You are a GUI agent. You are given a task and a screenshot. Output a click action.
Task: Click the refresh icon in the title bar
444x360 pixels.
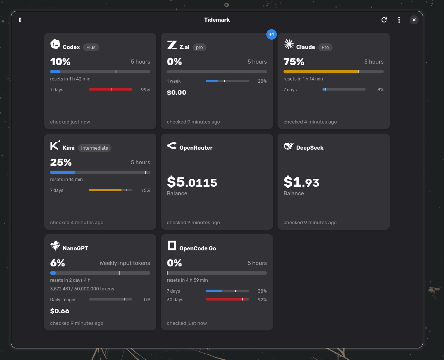coord(384,20)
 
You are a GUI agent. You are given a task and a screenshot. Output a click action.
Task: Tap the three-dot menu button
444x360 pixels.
coord(399,20)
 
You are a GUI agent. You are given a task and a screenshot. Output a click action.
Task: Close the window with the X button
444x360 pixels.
coord(414,20)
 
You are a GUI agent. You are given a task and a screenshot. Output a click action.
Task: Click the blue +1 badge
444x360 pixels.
coord(271,34)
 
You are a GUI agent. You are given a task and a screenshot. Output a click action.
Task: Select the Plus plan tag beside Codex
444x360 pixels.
coord(91,47)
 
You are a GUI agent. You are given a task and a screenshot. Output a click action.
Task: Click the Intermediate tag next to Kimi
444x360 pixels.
coord(95,148)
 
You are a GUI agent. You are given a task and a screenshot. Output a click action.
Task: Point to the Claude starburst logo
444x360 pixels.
coord(288,44)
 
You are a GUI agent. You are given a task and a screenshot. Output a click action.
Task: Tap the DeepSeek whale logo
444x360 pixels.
coord(288,146)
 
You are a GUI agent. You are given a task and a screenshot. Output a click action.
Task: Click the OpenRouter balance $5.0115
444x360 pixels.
coord(192,182)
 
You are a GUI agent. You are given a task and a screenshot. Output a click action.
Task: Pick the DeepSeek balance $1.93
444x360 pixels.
coord(301,182)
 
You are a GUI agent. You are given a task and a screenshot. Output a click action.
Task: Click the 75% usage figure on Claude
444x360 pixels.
coord(294,61)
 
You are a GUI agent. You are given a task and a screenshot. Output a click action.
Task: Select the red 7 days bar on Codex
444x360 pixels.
coord(111,89)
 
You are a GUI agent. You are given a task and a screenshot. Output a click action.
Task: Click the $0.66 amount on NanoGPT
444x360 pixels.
coord(60,311)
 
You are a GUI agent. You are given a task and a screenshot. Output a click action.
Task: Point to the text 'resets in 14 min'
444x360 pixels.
coord(66,180)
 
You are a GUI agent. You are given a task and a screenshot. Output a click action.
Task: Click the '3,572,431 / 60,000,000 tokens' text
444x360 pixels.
coord(82,289)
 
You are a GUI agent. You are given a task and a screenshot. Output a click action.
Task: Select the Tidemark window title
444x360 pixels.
coord(217,20)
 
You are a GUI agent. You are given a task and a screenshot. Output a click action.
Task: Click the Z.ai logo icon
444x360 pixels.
coord(172,45)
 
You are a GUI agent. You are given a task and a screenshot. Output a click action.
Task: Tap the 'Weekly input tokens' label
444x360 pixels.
coord(125,263)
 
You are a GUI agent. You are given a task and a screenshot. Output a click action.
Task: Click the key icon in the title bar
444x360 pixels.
coord(20,20)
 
